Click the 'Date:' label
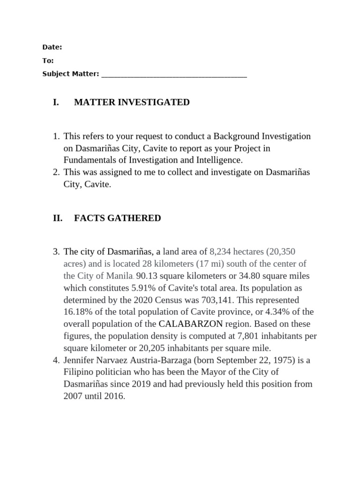click(52, 47)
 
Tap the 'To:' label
click(48, 60)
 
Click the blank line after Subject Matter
click(174, 75)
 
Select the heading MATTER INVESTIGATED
click(132, 102)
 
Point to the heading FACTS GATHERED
click(117, 218)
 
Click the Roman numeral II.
click(58, 218)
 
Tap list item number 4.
click(56, 360)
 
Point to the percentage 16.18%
click(77, 312)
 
